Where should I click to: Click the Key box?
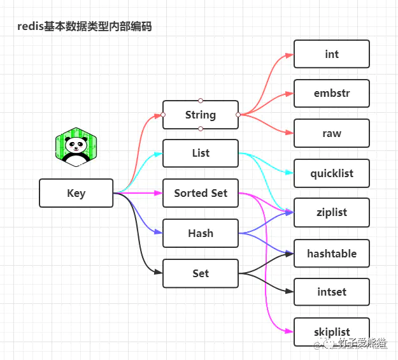[x=76, y=193]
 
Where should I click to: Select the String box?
[x=200, y=115]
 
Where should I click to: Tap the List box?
[x=200, y=154]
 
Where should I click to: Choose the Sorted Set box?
[x=200, y=193]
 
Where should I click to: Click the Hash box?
[x=200, y=233]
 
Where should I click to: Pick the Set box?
[x=200, y=273]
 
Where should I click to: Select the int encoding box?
[x=331, y=54]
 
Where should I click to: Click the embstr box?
[x=331, y=94]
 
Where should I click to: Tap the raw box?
[x=331, y=133]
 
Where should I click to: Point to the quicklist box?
[x=331, y=173]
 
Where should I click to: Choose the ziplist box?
[x=331, y=213]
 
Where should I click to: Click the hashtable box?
[x=331, y=253]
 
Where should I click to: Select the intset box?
[x=331, y=292]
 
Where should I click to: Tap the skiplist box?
[x=331, y=332]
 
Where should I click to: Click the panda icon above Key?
[x=76, y=147]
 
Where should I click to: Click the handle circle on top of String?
[x=200, y=100]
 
